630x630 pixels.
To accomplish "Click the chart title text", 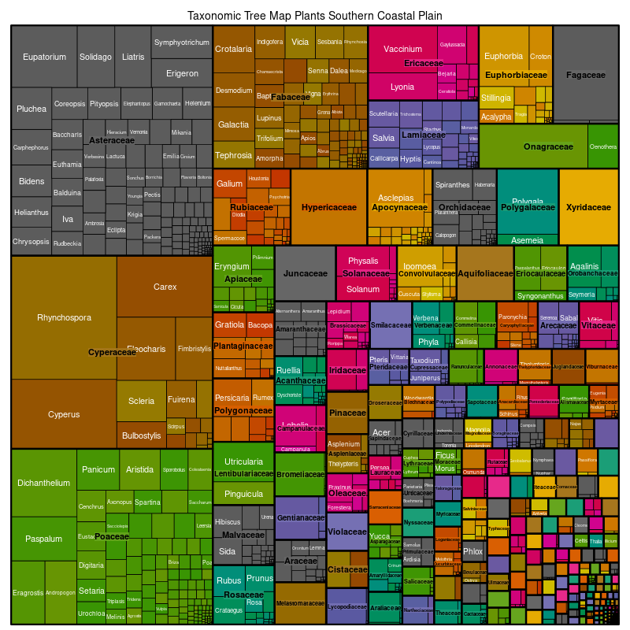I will (314, 16).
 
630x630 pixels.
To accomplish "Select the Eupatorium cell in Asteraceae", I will (44, 57).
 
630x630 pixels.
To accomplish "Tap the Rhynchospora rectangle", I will (64, 318).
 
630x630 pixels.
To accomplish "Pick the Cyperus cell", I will (64, 414).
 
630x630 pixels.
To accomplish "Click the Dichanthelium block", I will (44, 483).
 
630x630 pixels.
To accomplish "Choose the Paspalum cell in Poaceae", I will (44, 539).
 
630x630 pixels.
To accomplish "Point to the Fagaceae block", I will (585, 75).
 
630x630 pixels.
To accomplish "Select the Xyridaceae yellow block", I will (587, 208).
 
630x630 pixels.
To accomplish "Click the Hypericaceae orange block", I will (329, 208).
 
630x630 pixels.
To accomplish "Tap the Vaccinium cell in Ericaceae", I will (403, 49).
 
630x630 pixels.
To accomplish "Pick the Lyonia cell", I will (402, 87).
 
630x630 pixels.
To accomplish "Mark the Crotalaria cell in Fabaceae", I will (233, 49).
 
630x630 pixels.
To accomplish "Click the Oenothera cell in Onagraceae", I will (603, 146).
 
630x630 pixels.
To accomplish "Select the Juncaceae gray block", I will (306, 273).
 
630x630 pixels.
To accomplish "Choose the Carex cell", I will (165, 287).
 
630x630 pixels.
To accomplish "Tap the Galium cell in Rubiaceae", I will (230, 184).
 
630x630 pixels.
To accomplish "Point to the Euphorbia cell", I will (503, 57).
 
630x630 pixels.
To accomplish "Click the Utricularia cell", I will (244, 461).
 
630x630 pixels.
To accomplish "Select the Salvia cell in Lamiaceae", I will (384, 138).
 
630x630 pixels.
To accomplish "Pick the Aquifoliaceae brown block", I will (485, 273).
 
